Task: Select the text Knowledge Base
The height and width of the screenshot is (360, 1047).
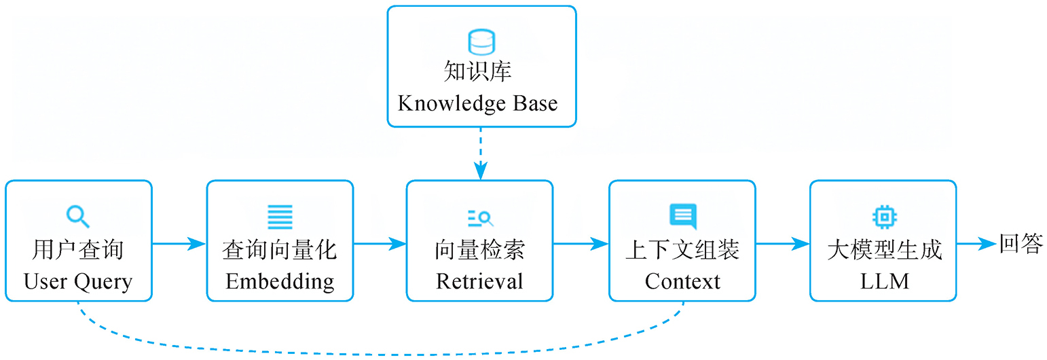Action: [477, 103]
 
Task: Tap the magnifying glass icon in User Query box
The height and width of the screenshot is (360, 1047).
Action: [78, 217]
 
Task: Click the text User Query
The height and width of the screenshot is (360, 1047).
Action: [78, 281]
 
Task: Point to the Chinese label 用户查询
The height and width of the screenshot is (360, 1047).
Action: [78, 250]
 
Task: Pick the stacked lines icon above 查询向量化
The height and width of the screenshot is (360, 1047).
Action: [280, 217]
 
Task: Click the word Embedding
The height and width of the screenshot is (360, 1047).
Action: [280, 281]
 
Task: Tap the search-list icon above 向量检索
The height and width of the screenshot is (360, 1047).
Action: [480, 217]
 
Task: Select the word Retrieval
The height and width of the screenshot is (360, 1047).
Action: [479, 281]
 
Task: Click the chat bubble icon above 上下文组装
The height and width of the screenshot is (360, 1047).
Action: [682, 216]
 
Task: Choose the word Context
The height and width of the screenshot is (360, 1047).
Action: [682, 281]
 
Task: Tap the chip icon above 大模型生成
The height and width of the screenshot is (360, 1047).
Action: [883, 217]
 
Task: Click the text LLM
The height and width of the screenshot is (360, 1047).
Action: [884, 281]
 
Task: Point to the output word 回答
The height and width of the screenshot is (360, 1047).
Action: [1020, 244]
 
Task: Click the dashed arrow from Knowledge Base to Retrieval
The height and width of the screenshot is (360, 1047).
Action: [481, 153]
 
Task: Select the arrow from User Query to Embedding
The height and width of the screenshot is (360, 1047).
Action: [179, 243]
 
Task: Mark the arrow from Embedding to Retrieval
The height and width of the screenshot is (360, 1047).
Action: [380, 243]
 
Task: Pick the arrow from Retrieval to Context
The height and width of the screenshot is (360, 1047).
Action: [581, 243]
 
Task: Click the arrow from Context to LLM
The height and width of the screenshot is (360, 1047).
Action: [782, 243]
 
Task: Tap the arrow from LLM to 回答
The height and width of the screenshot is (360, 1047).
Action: [976, 243]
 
